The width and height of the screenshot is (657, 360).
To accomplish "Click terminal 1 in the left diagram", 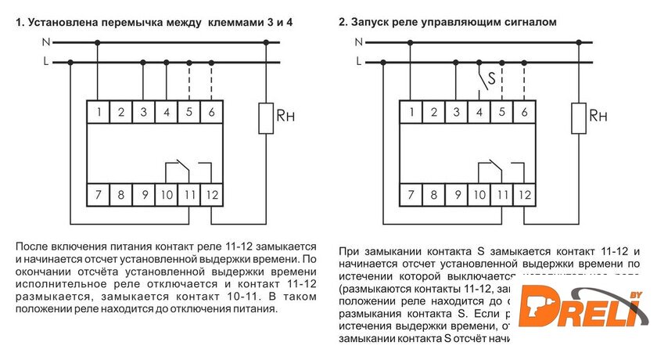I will (x=98, y=112).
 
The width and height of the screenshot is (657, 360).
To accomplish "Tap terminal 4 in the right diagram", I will (x=479, y=112).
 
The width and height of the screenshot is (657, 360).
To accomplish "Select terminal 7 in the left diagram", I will (x=98, y=193).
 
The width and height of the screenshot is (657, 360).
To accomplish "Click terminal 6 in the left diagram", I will (x=211, y=112).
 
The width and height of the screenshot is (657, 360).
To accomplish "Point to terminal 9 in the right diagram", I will (x=456, y=193).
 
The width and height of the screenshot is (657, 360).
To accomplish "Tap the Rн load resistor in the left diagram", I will (x=265, y=117).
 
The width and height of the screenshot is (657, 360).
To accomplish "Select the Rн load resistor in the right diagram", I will (x=580, y=117).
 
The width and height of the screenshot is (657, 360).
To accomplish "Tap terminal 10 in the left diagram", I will (x=166, y=193).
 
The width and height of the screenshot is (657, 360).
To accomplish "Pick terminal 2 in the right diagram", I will (x=433, y=112).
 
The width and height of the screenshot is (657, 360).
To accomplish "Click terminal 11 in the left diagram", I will (x=188, y=193).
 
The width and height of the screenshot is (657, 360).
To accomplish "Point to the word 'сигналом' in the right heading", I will (x=530, y=22).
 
